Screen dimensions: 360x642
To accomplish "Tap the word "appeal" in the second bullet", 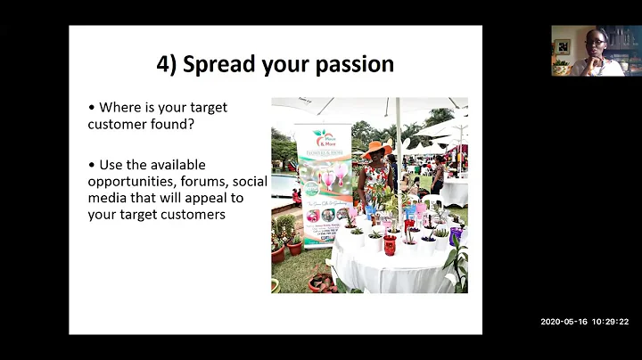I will (x=204, y=197).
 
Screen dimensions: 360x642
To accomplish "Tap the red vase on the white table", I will (x=390, y=243).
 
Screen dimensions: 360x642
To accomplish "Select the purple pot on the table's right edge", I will (x=455, y=236).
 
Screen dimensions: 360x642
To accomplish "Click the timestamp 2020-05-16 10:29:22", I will (x=584, y=322).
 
